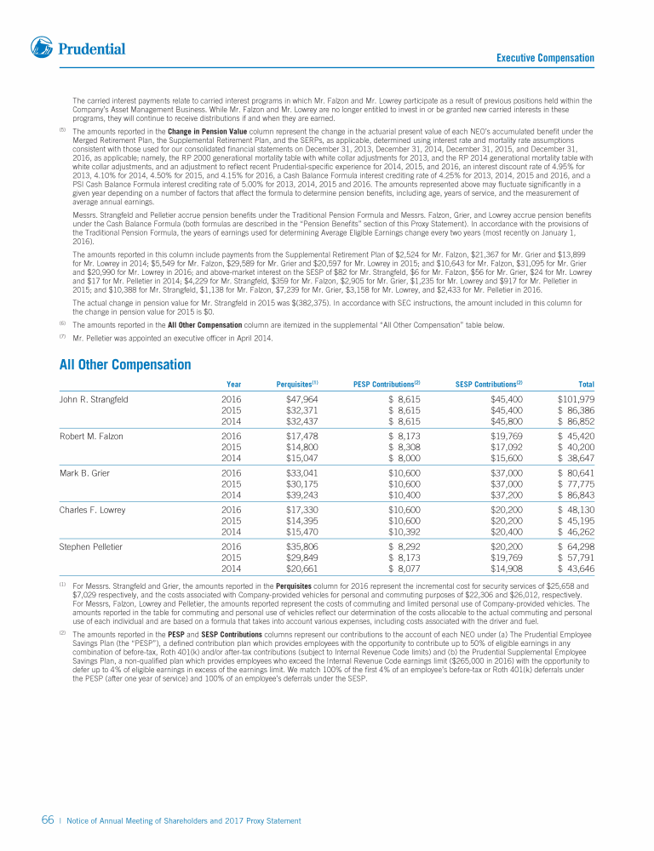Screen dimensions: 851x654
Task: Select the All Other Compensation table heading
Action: point(125,365)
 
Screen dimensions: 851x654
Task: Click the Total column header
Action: point(586,385)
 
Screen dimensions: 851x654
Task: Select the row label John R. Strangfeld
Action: point(93,399)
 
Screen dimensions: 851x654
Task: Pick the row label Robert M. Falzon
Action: point(91,437)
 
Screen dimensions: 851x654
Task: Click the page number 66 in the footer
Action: point(48,820)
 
